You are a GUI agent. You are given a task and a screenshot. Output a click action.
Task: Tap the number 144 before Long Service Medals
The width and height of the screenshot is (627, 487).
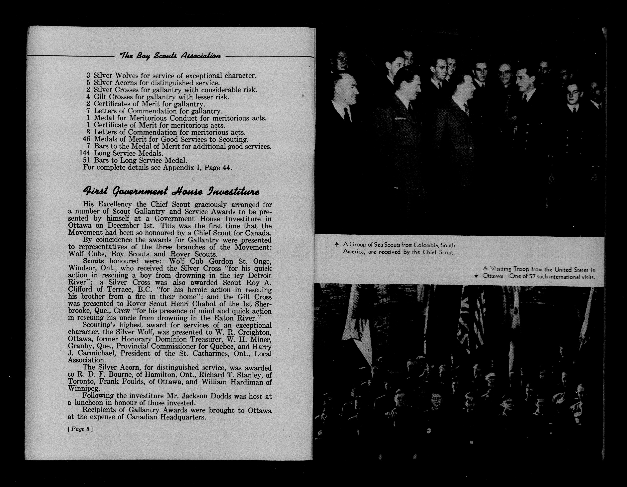pos(85,153)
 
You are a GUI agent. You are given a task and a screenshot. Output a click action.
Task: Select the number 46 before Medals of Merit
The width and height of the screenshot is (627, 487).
pos(86,139)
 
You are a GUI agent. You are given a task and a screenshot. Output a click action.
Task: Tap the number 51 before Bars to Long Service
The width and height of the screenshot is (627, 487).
pos(86,160)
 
